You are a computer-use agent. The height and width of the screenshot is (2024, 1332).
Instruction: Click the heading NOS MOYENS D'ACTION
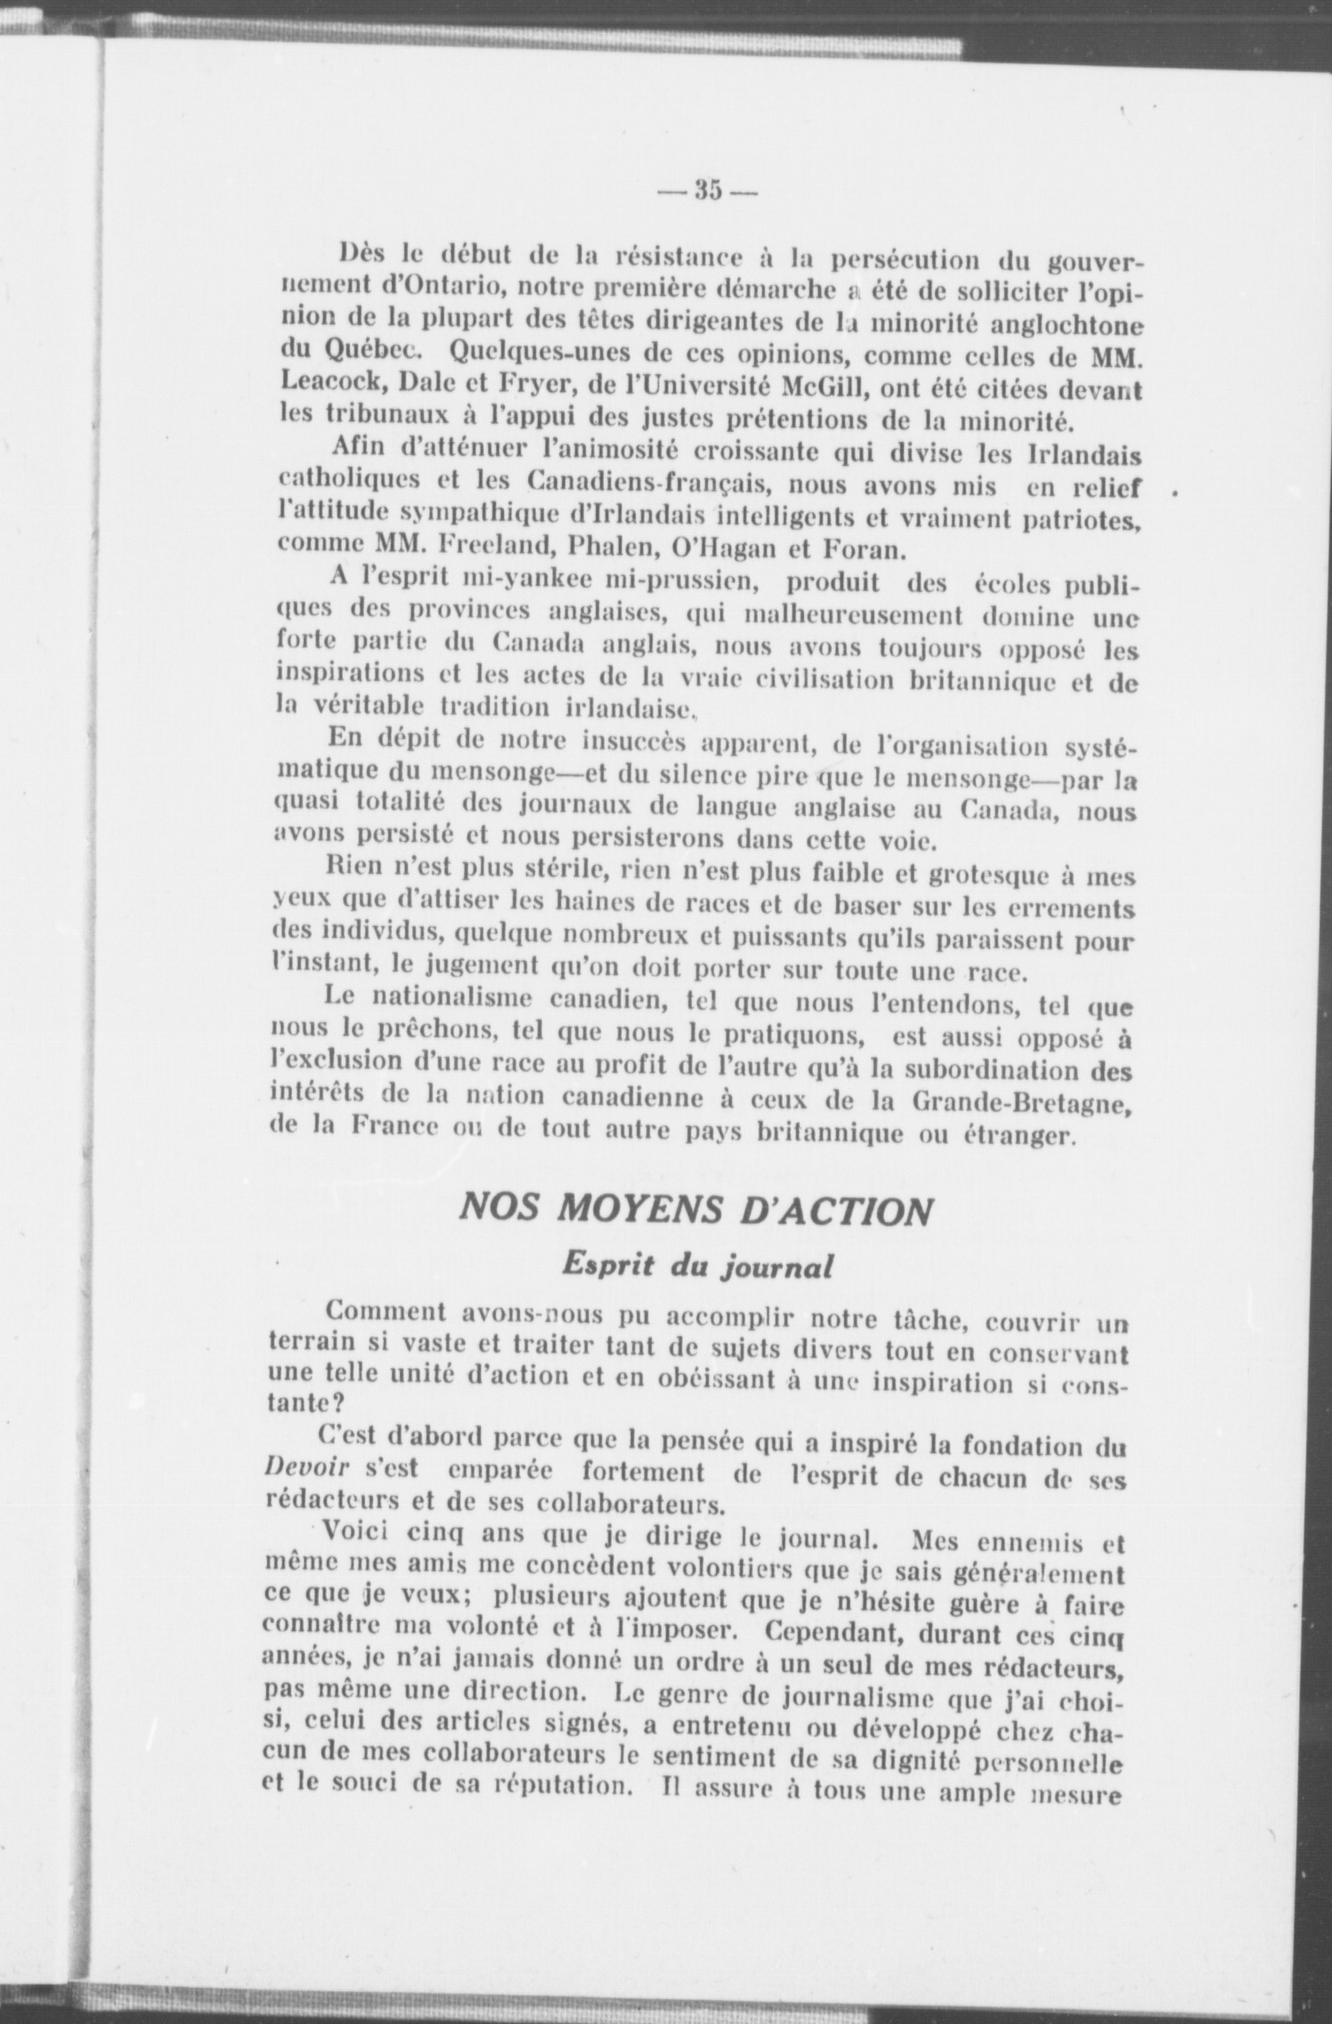694,1212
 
